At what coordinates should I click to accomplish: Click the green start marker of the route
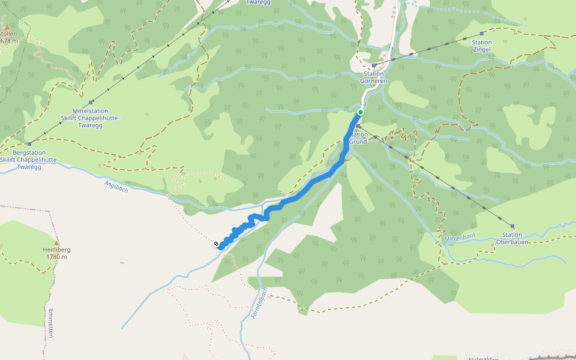tap(361, 112)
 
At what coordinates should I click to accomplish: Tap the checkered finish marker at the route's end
tap(216, 244)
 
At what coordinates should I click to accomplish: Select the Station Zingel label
tap(482, 46)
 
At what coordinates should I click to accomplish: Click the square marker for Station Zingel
tap(482, 34)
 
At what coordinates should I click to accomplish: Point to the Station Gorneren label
tap(373, 77)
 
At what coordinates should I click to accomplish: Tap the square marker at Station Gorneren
tap(374, 65)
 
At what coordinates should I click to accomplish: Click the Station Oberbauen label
tap(512, 238)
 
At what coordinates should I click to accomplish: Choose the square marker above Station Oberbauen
tap(512, 226)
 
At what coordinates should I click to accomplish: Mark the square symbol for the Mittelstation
tap(91, 102)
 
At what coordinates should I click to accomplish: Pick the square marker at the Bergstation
tap(29, 144)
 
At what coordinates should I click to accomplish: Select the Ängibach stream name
tap(116, 187)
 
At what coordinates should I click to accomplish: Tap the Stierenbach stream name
tap(460, 237)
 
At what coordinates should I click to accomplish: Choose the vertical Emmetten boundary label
tap(51, 323)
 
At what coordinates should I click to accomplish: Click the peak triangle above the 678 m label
tap(7, 28)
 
